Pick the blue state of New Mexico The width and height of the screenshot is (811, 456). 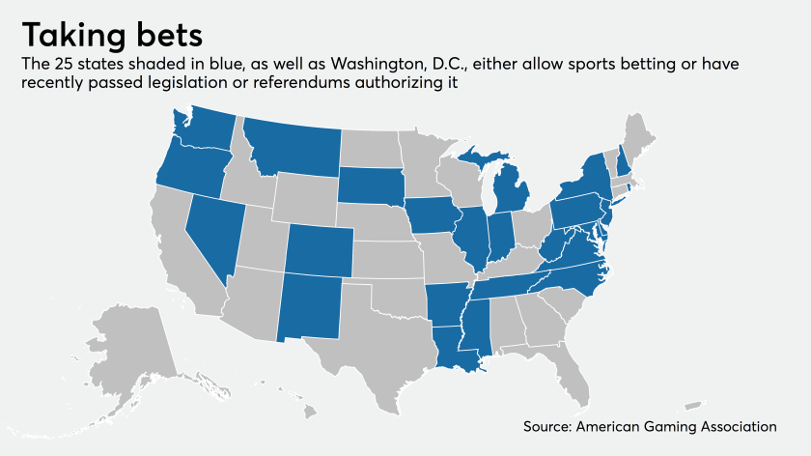[309, 305]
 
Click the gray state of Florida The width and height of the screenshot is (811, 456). [575, 372]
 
